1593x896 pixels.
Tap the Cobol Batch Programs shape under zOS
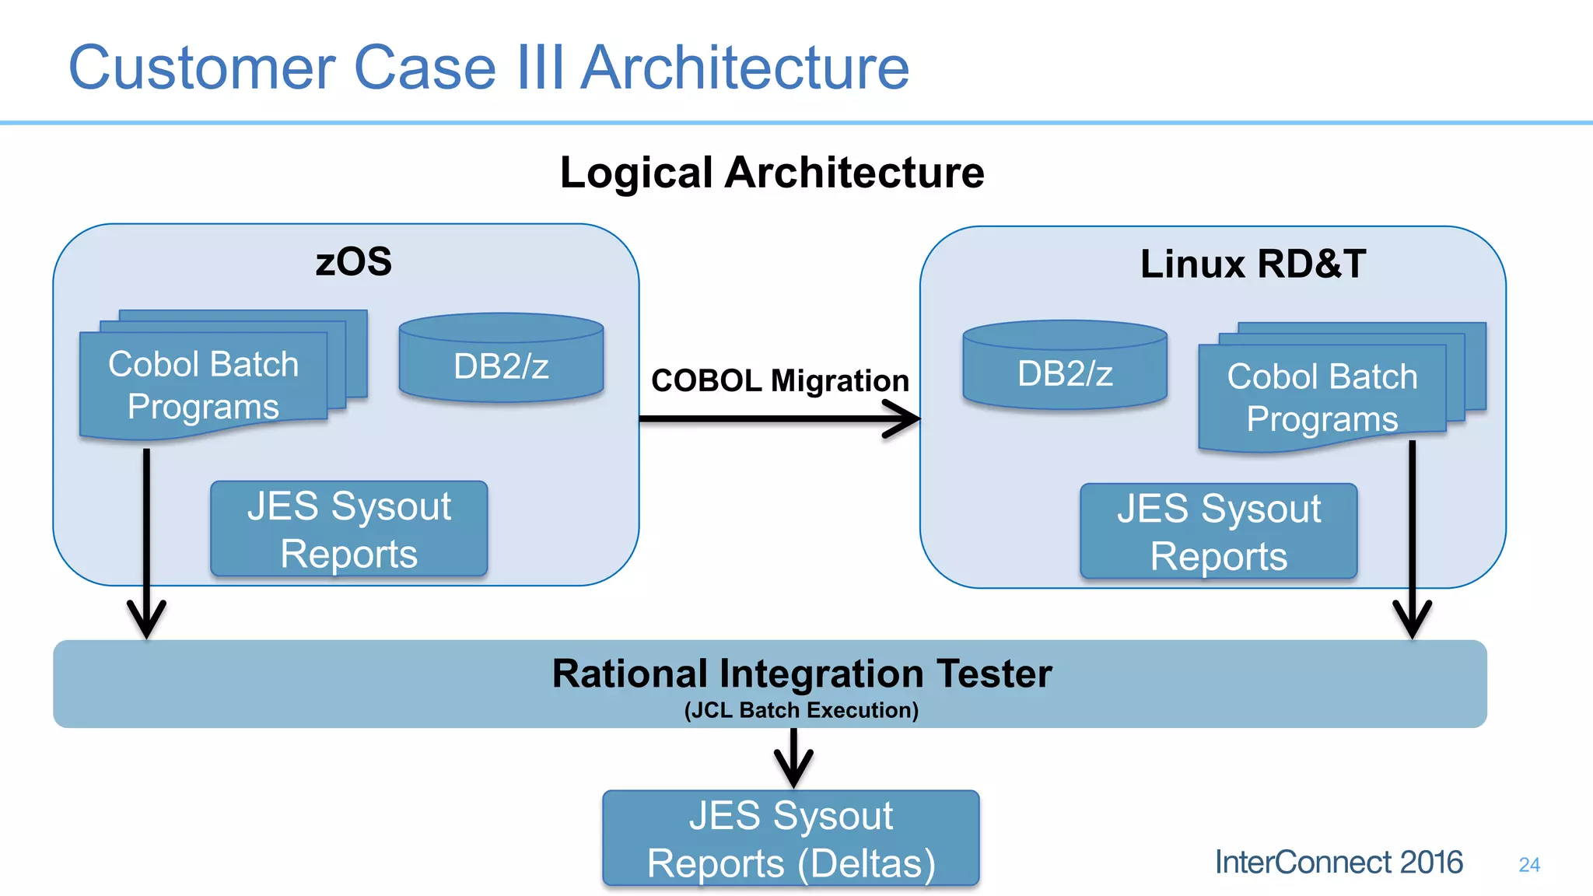tap(204, 385)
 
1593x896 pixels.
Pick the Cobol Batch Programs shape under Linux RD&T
tap(1322, 397)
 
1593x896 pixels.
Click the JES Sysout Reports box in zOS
tap(348, 529)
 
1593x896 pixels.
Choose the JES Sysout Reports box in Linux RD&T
tap(1218, 531)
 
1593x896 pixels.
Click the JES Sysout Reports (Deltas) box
tap(790, 838)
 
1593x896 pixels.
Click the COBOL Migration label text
tap(779, 380)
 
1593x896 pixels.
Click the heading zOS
tap(353, 261)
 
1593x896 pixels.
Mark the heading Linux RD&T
tap(1252, 264)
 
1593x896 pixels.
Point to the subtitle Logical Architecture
tap(772, 172)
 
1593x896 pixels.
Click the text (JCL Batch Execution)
tap(801, 710)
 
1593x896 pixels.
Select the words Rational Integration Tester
tap(801, 674)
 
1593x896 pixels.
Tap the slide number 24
tap(1528, 864)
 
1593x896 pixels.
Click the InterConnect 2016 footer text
tap(1338, 862)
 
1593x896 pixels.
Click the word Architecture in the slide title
tap(745, 68)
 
